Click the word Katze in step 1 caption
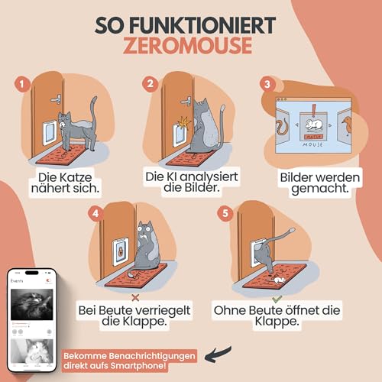click(85, 176)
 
